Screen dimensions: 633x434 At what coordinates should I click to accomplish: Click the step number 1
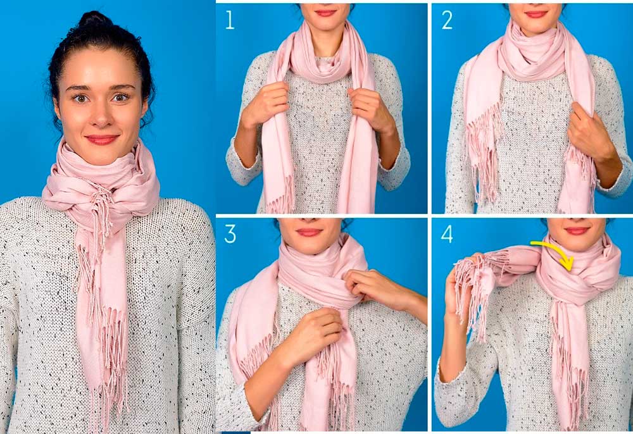(x=230, y=20)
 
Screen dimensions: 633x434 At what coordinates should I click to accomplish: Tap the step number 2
(x=447, y=20)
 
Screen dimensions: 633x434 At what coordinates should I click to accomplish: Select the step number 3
(x=230, y=234)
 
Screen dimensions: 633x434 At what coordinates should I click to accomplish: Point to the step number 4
(x=447, y=234)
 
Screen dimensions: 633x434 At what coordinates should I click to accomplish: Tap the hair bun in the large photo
(x=95, y=20)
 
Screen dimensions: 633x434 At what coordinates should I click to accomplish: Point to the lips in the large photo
(x=102, y=140)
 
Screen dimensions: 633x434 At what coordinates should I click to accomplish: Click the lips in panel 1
(x=325, y=13)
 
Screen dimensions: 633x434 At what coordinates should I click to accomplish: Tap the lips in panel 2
(x=536, y=14)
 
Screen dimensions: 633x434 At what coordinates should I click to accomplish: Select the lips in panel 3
(x=308, y=232)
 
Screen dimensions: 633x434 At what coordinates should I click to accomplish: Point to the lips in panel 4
(x=577, y=231)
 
